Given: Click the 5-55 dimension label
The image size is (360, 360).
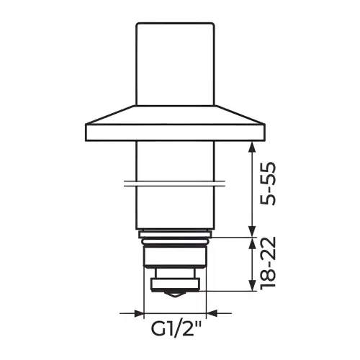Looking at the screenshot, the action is pos(268,184).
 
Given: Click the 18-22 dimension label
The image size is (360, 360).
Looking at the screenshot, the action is pos(268,264).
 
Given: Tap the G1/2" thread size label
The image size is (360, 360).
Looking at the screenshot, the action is pos(176,329).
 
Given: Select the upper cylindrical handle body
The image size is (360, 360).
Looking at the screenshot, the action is pos(175,64).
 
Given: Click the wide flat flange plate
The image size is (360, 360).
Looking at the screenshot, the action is pos(176,132).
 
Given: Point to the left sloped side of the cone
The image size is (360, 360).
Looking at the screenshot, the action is pos(110,114).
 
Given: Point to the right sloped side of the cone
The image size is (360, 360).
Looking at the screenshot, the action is pos(240,114).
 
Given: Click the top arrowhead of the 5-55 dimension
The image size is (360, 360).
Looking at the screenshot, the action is pos(251,147).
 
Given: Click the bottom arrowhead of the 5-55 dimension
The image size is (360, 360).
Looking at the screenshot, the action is pos(251,231).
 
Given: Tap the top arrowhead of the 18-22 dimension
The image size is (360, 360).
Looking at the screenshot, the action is pos(251,243).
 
